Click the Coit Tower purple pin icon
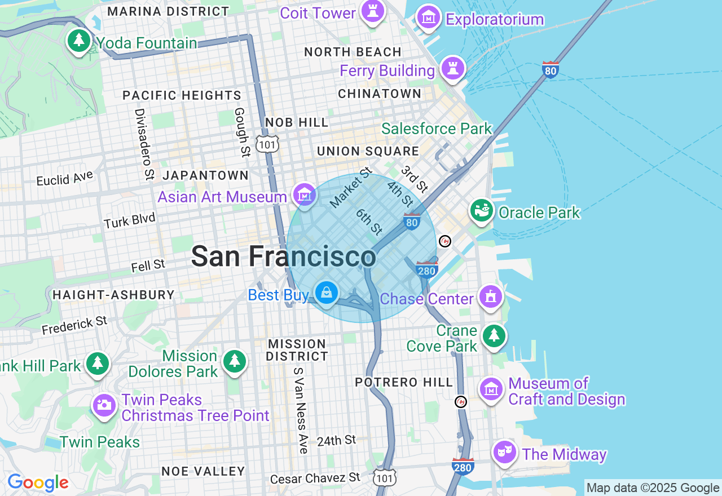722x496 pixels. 372,11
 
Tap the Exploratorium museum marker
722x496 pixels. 430,18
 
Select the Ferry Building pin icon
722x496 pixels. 452,69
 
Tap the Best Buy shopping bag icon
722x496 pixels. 327,293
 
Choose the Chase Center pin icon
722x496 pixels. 490,296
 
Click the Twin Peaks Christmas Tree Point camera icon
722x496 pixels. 104,405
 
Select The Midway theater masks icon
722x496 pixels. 504,451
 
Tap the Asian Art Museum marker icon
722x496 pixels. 305,195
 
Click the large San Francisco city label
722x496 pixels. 283,256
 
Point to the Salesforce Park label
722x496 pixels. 437,129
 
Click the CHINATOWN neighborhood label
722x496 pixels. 380,94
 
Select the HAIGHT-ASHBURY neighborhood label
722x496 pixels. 113,295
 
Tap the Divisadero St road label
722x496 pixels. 144,144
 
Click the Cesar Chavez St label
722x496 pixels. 315,479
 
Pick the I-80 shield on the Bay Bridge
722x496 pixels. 551,69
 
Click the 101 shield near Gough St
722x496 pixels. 266,144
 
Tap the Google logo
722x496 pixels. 38,482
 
